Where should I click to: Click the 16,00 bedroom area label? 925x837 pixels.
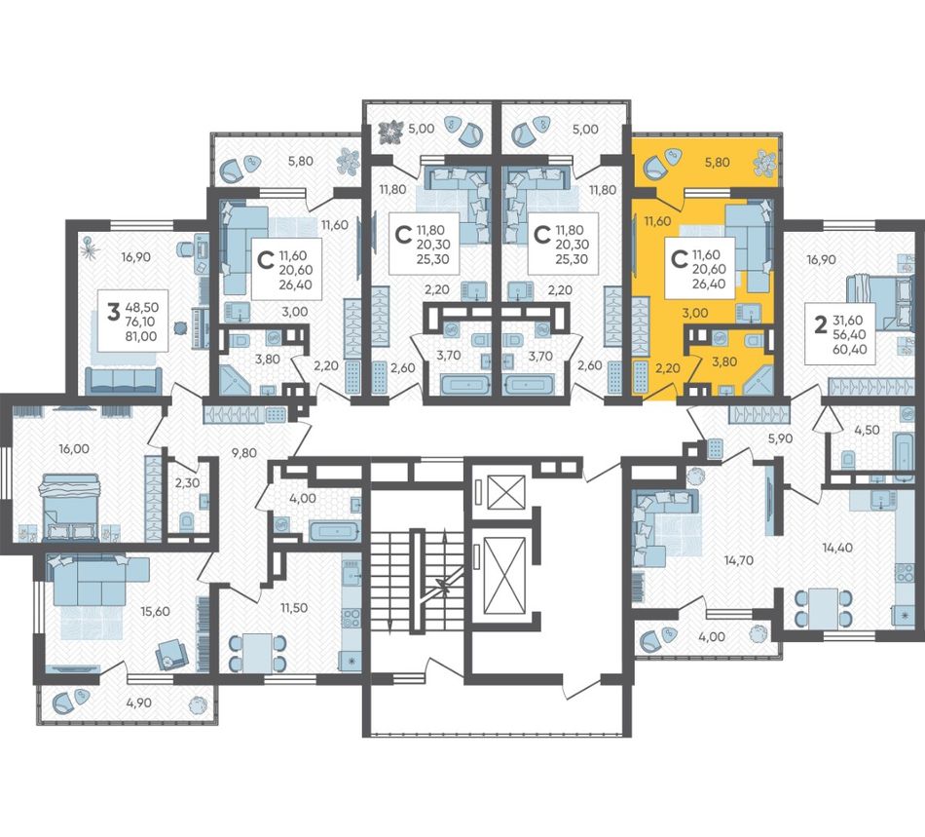point(74,448)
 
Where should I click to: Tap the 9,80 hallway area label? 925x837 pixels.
point(243,453)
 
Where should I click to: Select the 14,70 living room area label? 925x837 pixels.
point(739,560)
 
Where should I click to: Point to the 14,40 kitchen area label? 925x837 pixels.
point(837,548)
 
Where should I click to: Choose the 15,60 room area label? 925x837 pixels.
point(155,611)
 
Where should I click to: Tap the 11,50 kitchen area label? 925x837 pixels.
point(294,607)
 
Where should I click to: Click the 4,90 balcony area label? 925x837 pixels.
point(138,703)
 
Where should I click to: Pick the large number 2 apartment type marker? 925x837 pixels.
point(820,325)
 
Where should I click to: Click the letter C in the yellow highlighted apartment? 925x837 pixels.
point(680,258)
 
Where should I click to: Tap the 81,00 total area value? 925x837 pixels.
point(141,336)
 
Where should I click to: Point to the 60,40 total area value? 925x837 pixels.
point(848,349)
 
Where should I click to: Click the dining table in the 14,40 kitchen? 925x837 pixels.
point(824,609)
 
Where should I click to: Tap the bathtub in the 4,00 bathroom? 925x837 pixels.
point(334,531)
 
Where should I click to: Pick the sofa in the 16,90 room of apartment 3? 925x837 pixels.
point(124,381)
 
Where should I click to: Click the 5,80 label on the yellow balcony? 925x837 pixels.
point(718,163)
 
